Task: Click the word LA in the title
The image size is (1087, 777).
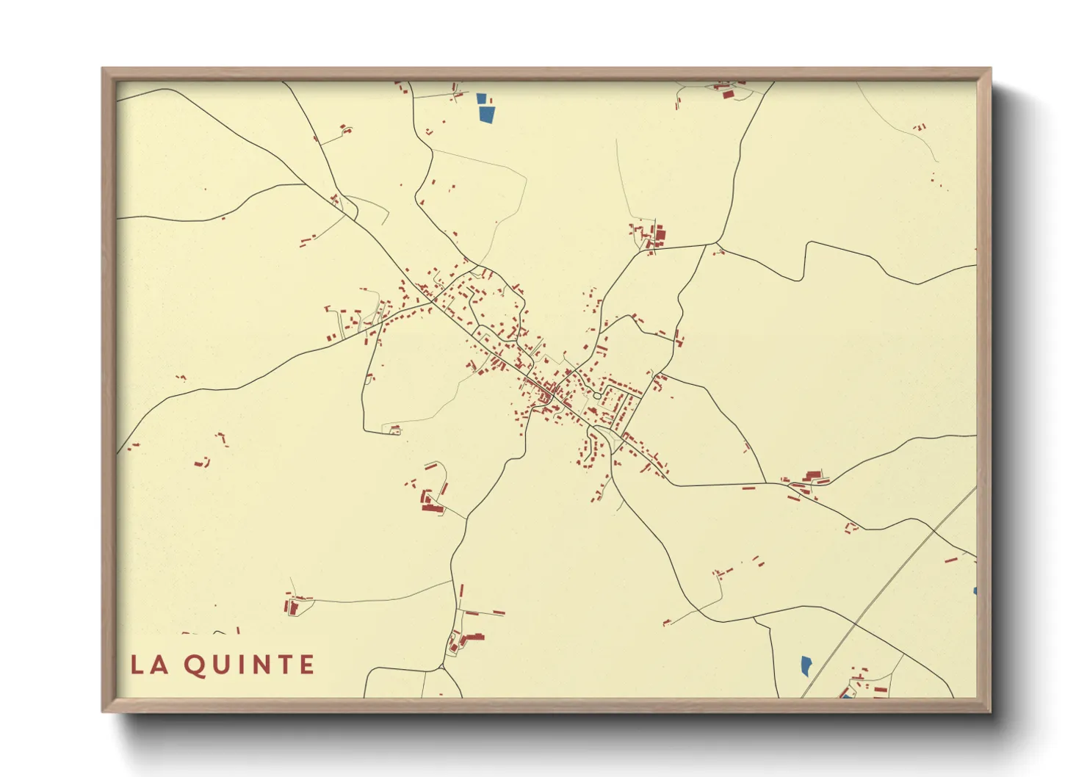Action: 149,665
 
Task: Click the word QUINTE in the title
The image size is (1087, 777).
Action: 250,665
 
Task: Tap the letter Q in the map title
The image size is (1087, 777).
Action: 195,665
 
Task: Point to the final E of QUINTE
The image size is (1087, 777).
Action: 307,665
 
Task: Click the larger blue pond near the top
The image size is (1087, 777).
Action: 485,114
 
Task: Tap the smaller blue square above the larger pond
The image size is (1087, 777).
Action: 481,98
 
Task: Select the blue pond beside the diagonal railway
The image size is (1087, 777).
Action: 806,666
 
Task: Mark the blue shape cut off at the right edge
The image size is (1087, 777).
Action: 975,590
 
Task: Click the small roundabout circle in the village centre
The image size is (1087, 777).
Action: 597,396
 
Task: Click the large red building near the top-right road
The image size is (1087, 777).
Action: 659,236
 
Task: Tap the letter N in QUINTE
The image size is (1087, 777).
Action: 259,665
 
